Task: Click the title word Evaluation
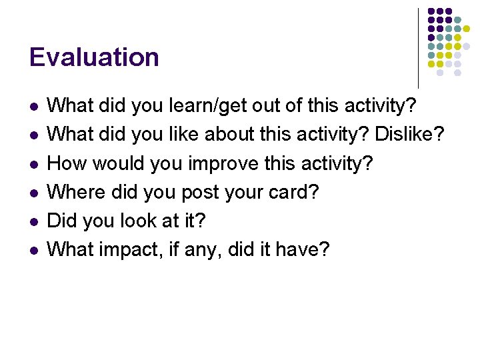point(94,57)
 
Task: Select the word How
point(66,163)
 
